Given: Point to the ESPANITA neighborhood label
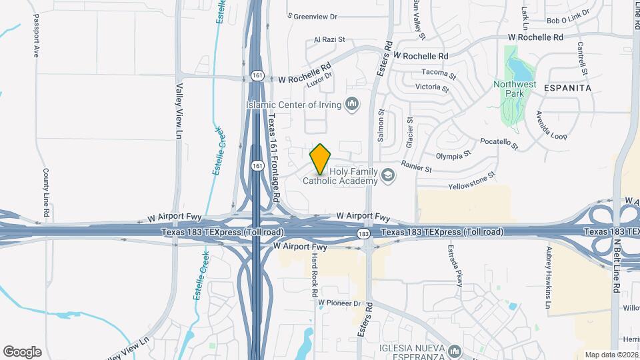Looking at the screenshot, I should coord(568,87).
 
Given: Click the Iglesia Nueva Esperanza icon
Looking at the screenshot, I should coord(455,351).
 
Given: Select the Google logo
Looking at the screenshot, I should coord(22,352).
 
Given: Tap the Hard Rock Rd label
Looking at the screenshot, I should coord(313,275).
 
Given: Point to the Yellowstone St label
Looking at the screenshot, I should coord(473,181).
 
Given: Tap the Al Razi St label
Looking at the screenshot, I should coord(329,39).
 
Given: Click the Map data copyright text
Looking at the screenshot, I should coord(611,354).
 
